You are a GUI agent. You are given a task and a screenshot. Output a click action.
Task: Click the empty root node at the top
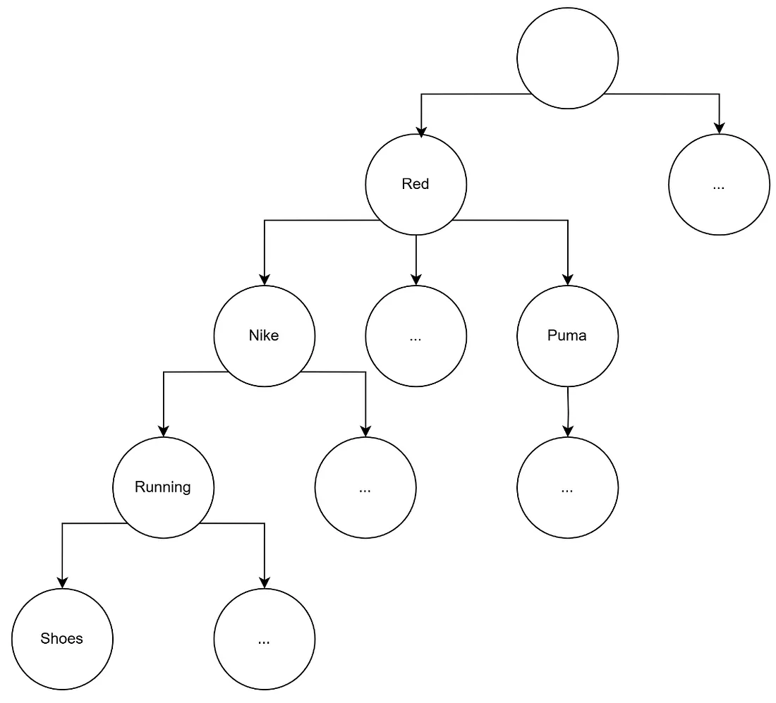click(x=567, y=59)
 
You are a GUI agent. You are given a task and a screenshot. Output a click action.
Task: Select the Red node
click(x=416, y=184)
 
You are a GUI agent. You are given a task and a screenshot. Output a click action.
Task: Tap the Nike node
click(x=264, y=336)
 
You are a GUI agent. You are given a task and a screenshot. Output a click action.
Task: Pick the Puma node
click(x=567, y=336)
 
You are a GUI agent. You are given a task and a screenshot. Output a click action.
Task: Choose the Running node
click(x=163, y=487)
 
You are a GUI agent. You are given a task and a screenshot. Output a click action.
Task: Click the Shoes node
click(x=62, y=639)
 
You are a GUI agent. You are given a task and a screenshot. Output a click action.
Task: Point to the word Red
click(x=416, y=184)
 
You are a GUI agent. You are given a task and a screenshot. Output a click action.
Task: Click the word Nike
click(x=264, y=336)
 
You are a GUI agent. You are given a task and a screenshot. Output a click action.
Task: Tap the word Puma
click(x=567, y=336)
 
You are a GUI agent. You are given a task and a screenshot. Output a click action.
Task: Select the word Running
click(x=163, y=487)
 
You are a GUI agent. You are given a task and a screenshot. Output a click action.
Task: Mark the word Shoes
click(x=62, y=639)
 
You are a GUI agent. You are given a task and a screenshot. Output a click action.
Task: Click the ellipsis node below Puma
click(x=567, y=487)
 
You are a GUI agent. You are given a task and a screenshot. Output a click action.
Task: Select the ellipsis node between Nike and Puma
click(x=416, y=336)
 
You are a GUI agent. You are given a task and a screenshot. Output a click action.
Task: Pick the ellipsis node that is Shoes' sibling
click(x=264, y=639)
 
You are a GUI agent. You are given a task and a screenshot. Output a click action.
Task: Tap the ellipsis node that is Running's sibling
click(x=365, y=487)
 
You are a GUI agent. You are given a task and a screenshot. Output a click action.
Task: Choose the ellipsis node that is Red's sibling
click(x=719, y=184)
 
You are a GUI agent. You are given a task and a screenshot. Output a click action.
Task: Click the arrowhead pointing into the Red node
click(x=421, y=131)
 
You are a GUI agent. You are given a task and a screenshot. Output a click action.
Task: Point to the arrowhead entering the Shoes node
click(x=62, y=583)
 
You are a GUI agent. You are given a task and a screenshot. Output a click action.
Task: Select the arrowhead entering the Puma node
click(x=567, y=280)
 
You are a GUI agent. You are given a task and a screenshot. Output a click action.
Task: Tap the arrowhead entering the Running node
click(x=163, y=432)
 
